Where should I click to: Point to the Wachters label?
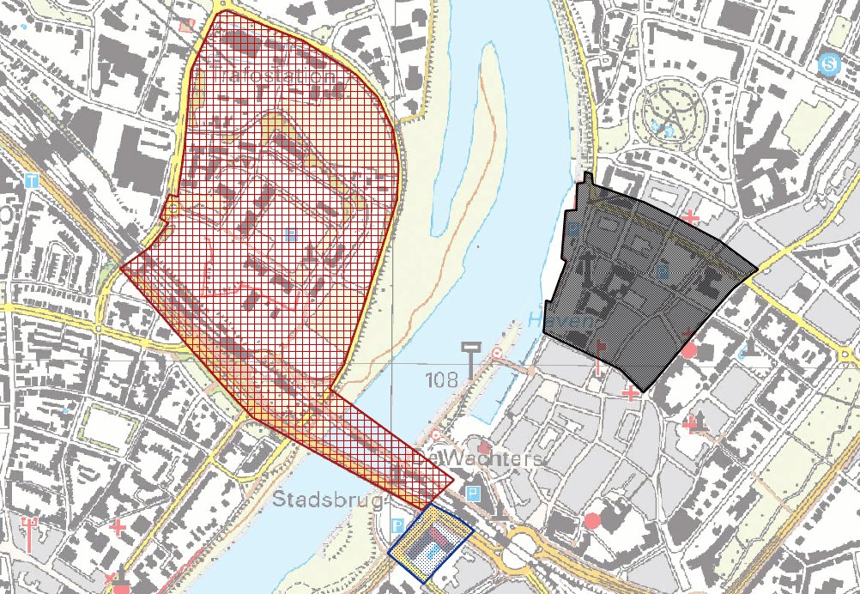click(486, 459)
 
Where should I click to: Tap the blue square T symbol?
click(32, 181)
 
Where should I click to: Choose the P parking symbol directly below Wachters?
click(471, 494)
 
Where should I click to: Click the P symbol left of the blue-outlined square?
click(397, 525)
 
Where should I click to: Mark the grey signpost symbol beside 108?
click(469, 359)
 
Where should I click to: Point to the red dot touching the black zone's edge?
click(688, 350)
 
